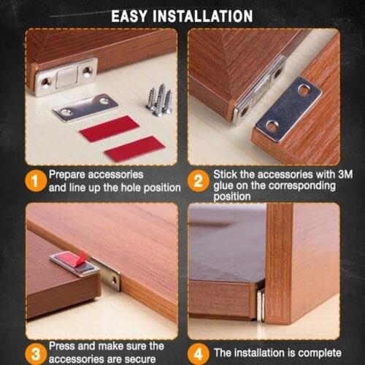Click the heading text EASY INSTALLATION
pos(182,15)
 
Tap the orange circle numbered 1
pos(34,181)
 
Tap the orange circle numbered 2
pos(198,181)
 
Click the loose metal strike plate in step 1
pos(85,107)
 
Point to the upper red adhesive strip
pos(109,128)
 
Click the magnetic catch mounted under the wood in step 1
pos(66,77)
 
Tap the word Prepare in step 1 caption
pos(69,175)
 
